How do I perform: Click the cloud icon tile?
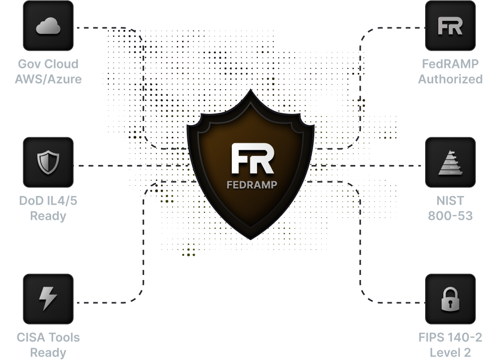tap(48, 26)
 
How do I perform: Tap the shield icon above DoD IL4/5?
tap(48, 163)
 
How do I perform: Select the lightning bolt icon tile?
tap(48, 299)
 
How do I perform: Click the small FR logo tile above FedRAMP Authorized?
tap(450, 26)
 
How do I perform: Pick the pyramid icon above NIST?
tap(450, 163)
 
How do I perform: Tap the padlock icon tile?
tap(450, 299)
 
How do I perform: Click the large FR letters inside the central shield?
tap(252, 159)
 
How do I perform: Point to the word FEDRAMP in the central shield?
tap(252, 185)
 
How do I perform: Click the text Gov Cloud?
tap(48, 64)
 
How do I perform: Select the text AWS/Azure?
tap(48, 79)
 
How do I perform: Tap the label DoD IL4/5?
tap(48, 201)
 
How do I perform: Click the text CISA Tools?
tap(48, 338)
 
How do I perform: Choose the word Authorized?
tap(450, 79)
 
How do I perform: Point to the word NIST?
tap(450, 201)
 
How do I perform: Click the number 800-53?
tap(450, 216)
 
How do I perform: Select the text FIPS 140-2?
tap(450, 338)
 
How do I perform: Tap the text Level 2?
tap(450, 352)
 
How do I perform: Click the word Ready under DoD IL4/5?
tap(48, 216)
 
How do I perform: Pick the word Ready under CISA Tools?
tap(48, 352)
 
